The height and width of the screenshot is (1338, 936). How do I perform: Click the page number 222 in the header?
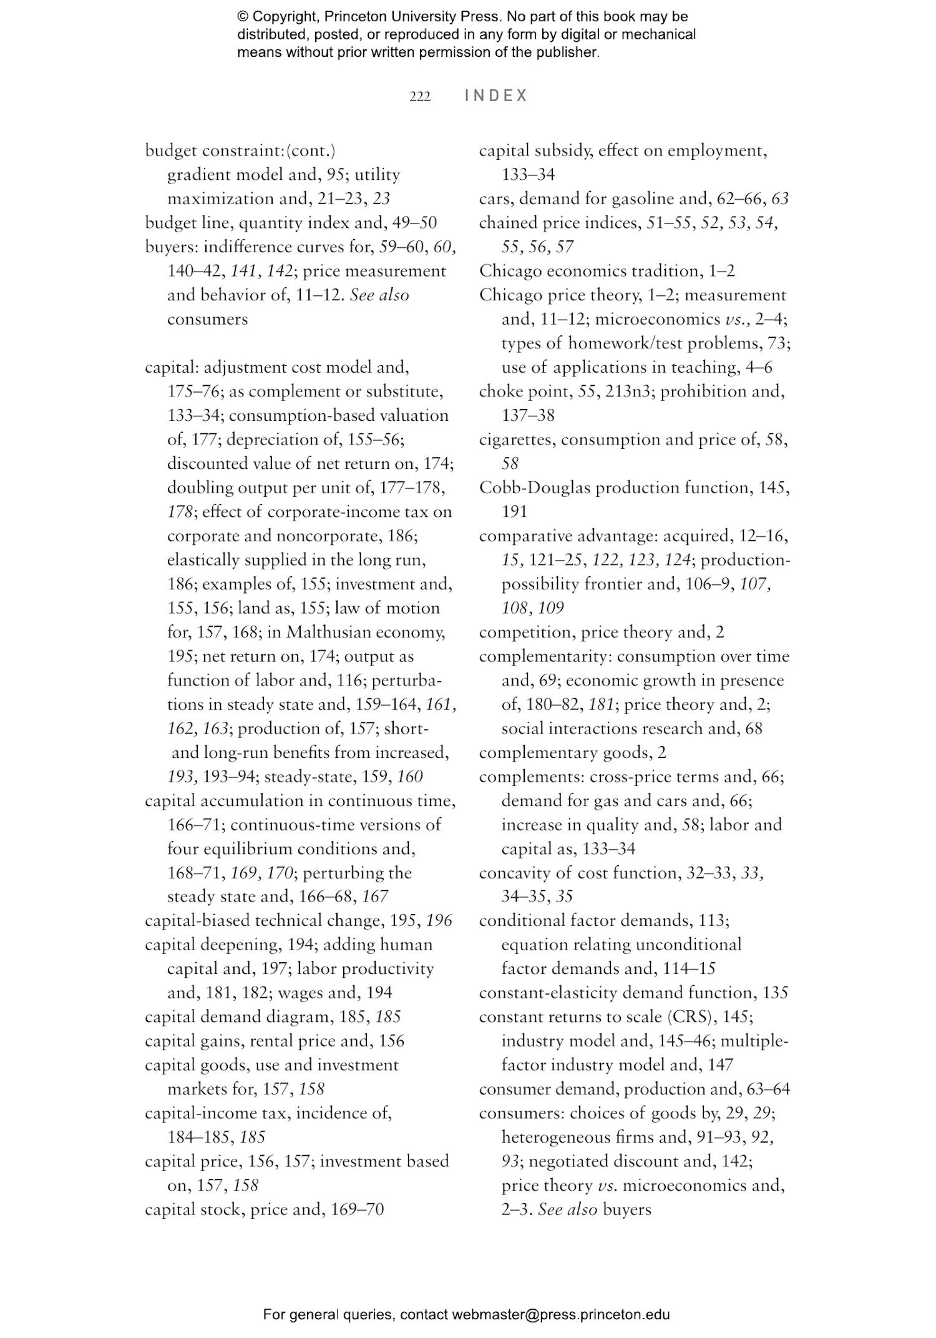point(419,96)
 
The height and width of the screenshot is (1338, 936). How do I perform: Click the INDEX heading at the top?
point(496,96)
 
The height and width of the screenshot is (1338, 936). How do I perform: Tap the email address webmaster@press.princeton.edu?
point(560,1314)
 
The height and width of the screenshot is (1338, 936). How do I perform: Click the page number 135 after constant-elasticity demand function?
point(775,993)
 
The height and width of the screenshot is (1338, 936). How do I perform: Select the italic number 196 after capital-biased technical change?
point(439,921)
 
